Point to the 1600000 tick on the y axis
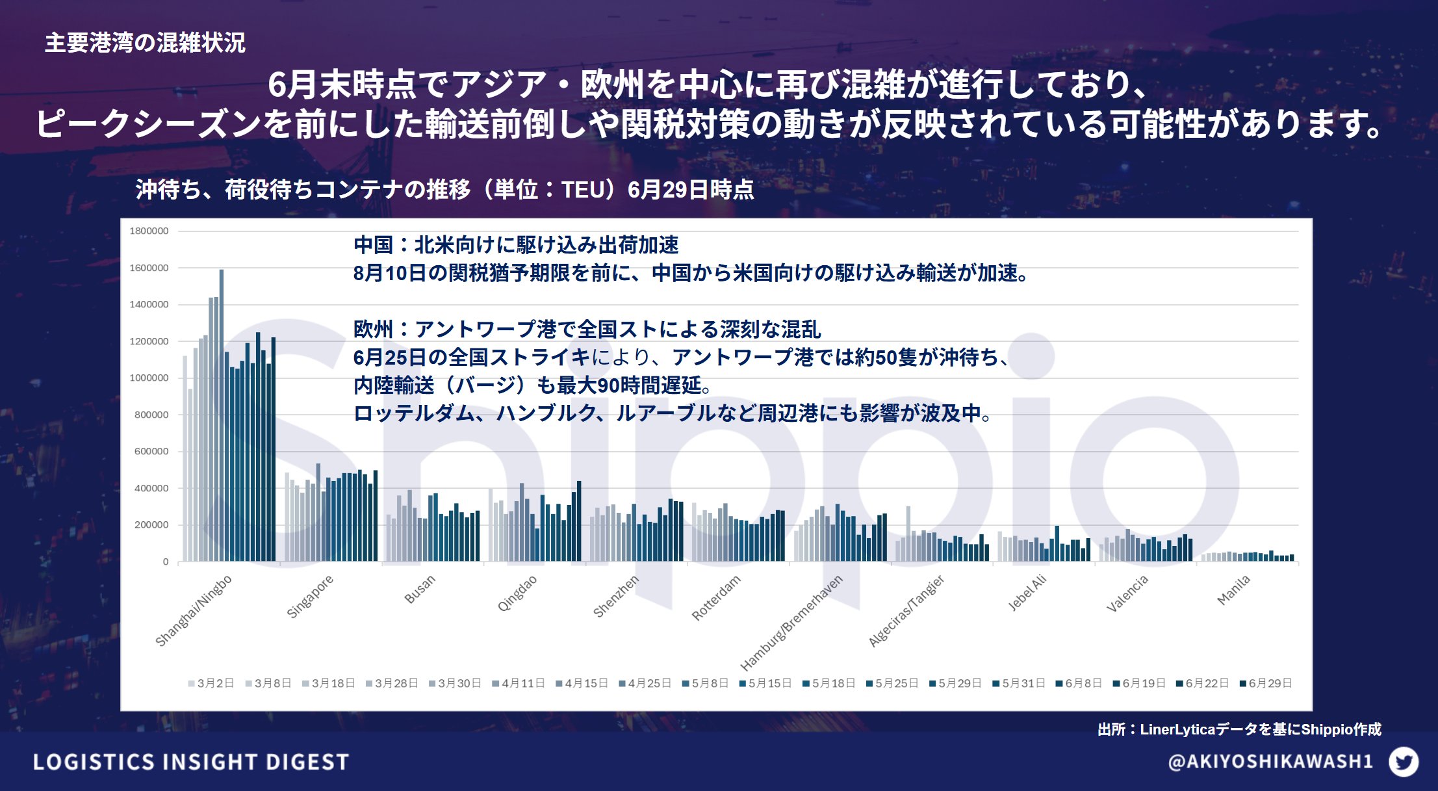(x=149, y=268)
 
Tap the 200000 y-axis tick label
(x=151, y=525)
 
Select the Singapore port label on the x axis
(x=310, y=596)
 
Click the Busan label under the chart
(x=420, y=589)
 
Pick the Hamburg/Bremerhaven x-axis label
(x=791, y=622)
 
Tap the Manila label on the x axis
(x=1233, y=590)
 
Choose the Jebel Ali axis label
(x=1027, y=592)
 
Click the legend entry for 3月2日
(x=211, y=683)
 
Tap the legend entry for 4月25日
(x=645, y=683)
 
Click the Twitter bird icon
(x=1404, y=762)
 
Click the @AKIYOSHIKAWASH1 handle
(x=1270, y=762)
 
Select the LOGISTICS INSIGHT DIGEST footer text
(x=191, y=762)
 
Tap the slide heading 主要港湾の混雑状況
(x=145, y=43)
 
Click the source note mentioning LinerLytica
(x=1239, y=729)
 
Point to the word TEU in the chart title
(x=582, y=190)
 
